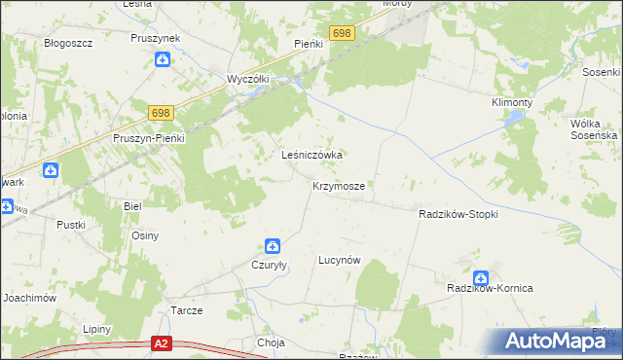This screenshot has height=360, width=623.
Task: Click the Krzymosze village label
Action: (x=339, y=186)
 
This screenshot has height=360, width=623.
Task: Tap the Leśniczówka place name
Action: (x=312, y=155)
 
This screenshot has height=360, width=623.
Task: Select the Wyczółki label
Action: (x=247, y=79)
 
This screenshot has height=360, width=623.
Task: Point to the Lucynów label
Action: (x=340, y=261)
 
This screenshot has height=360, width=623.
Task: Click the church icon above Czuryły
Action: (x=273, y=247)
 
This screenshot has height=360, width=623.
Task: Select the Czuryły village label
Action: (x=272, y=264)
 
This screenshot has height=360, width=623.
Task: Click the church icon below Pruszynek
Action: (x=163, y=59)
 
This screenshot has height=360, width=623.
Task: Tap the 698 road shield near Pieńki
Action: (x=342, y=34)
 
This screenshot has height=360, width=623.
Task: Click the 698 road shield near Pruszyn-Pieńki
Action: (x=163, y=114)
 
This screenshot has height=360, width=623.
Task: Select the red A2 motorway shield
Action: (x=163, y=342)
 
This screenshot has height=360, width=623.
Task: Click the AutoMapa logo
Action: (x=558, y=342)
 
